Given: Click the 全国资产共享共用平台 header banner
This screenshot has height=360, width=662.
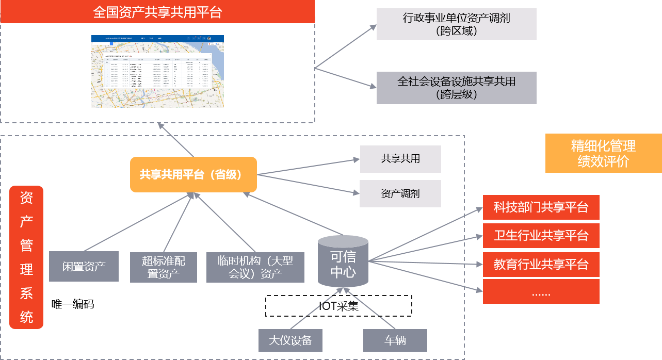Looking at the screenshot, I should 157,12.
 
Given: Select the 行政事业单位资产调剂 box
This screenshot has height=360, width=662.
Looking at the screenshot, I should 456,24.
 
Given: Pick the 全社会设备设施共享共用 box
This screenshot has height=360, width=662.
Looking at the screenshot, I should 456,88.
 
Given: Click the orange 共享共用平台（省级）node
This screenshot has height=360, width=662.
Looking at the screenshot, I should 193,174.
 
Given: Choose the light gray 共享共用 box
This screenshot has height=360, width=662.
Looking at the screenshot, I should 400,159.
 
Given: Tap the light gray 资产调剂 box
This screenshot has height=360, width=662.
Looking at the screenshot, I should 400,193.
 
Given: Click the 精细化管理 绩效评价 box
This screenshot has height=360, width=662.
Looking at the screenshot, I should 603,153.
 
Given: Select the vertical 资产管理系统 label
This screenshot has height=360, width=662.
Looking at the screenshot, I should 26,257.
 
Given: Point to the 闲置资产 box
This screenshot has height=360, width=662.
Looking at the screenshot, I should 84,266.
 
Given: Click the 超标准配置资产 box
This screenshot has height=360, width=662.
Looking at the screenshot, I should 163,267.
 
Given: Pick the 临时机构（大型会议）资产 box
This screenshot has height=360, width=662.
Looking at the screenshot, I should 255,267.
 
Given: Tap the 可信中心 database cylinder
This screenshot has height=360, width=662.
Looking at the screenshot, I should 343,261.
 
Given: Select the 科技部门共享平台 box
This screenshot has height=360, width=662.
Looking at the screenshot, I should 541,208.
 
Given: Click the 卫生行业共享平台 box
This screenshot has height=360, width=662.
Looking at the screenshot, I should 541,236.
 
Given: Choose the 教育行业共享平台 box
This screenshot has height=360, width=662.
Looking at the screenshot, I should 541,265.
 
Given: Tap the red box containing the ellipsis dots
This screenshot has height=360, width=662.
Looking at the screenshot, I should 541,291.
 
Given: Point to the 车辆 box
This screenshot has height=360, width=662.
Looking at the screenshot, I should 395,340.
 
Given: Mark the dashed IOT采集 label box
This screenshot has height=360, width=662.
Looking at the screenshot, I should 338,306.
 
